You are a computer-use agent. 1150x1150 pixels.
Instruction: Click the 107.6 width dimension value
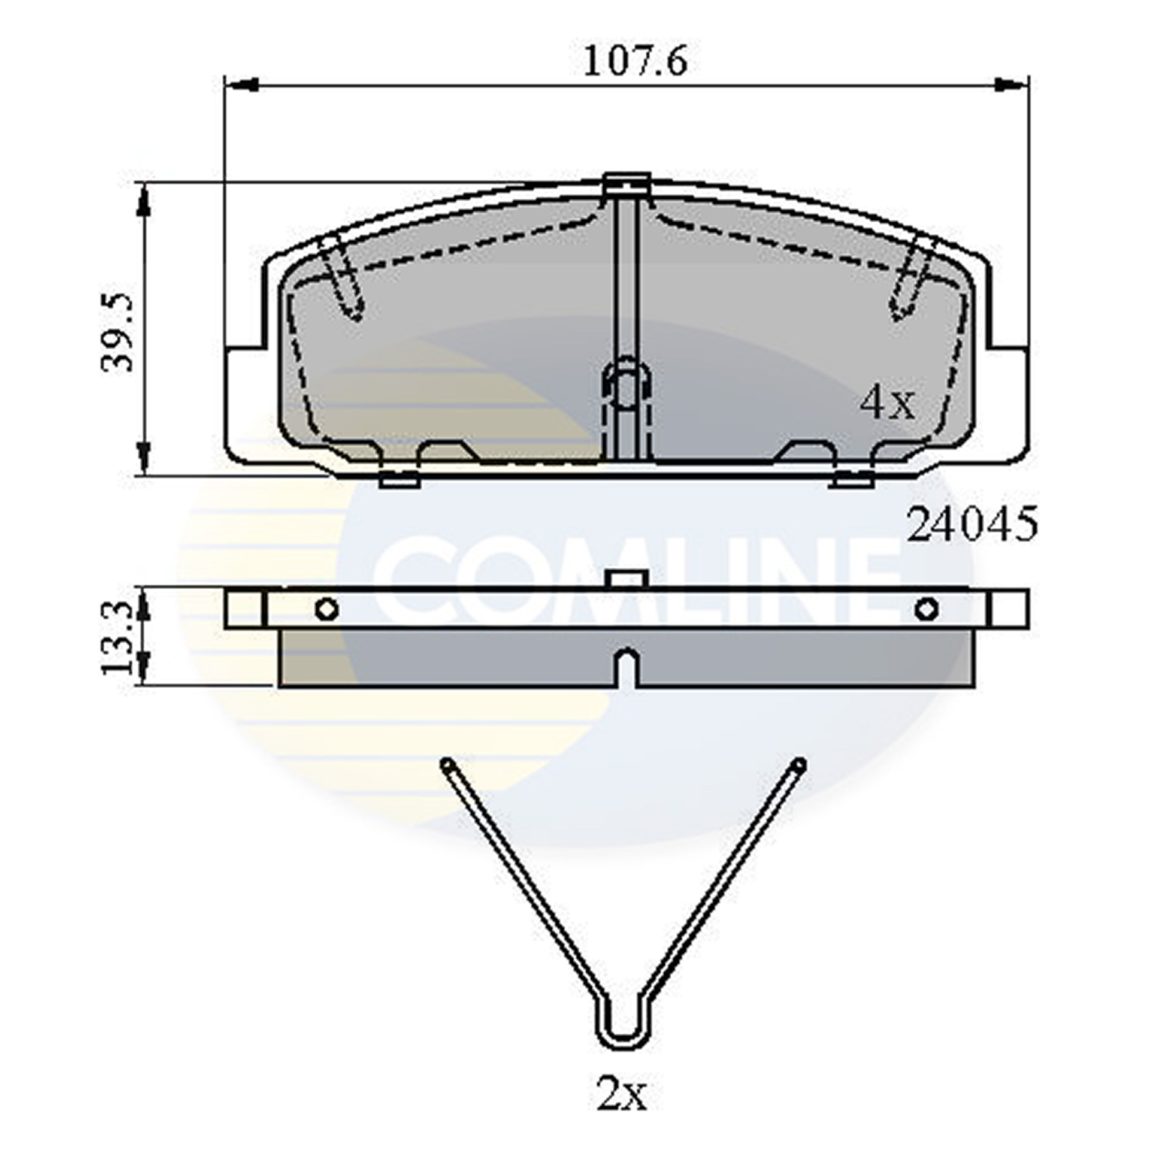[x=635, y=62]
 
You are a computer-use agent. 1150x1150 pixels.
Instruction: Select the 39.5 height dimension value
[x=118, y=332]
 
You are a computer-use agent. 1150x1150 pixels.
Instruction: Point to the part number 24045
[x=972, y=524]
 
